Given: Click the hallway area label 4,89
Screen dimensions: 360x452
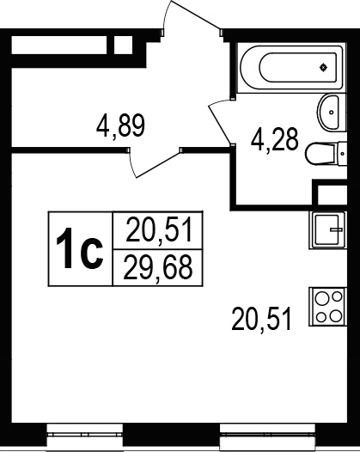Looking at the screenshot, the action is pyautogui.click(x=120, y=125).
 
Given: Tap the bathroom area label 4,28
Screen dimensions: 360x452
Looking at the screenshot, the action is pyautogui.click(x=274, y=140).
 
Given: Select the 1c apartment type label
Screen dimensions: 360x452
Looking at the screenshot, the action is pyautogui.click(x=80, y=248).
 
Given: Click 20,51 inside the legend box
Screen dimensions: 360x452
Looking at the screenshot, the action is pyautogui.click(x=159, y=229).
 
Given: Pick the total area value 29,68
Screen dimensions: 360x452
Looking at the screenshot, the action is pyautogui.click(x=158, y=267).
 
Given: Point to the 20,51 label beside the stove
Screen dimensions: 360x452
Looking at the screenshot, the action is pyautogui.click(x=261, y=319).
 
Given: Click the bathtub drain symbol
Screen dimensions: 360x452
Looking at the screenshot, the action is pyautogui.click(x=323, y=67).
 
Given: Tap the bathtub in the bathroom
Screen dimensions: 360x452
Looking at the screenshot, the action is pyautogui.click(x=291, y=68).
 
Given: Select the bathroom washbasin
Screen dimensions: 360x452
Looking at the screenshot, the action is pyautogui.click(x=332, y=112).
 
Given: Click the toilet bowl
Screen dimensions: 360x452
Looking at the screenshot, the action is pyautogui.click(x=320, y=154).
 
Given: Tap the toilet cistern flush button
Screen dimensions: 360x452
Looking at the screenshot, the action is pyautogui.click(x=342, y=154).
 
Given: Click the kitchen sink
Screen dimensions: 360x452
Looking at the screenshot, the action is pyautogui.click(x=327, y=229).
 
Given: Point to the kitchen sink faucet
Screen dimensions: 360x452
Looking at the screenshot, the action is pyautogui.click(x=336, y=229).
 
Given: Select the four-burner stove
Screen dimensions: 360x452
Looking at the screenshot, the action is pyautogui.click(x=327, y=307).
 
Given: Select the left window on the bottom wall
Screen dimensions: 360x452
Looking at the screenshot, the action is pyautogui.click(x=85, y=435).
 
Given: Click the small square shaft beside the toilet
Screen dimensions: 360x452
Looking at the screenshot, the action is pyautogui.click(x=332, y=195).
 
